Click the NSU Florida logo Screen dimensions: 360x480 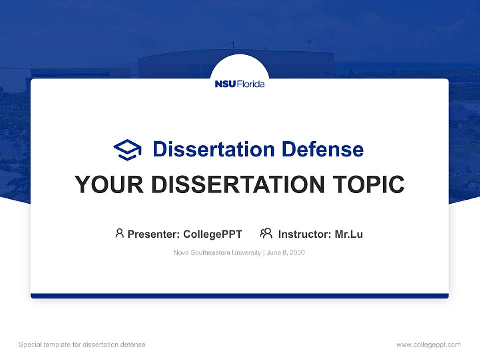pyautogui.click(x=240, y=84)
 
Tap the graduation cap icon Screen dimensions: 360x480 pyautogui.click(x=127, y=149)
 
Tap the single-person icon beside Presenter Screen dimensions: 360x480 pyautogui.click(x=119, y=233)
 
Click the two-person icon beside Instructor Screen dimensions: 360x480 pyautogui.click(x=266, y=233)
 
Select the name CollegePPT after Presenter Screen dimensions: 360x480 pyautogui.click(x=212, y=234)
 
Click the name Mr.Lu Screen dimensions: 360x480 pyautogui.click(x=349, y=234)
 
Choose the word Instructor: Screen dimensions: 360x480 pyautogui.click(x=305, y=234)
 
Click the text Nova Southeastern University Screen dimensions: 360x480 pyautogui.click(x=217, y=253)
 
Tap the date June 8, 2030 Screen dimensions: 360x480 pyautogui.click(x=286, y=253)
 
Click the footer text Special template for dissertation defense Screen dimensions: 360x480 pyautogui.click(x=82, y=345)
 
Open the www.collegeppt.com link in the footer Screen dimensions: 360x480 pyautogui.click(x=428, y=345)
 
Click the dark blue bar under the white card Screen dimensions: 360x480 pyautogui.click(x=240, y=296)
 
